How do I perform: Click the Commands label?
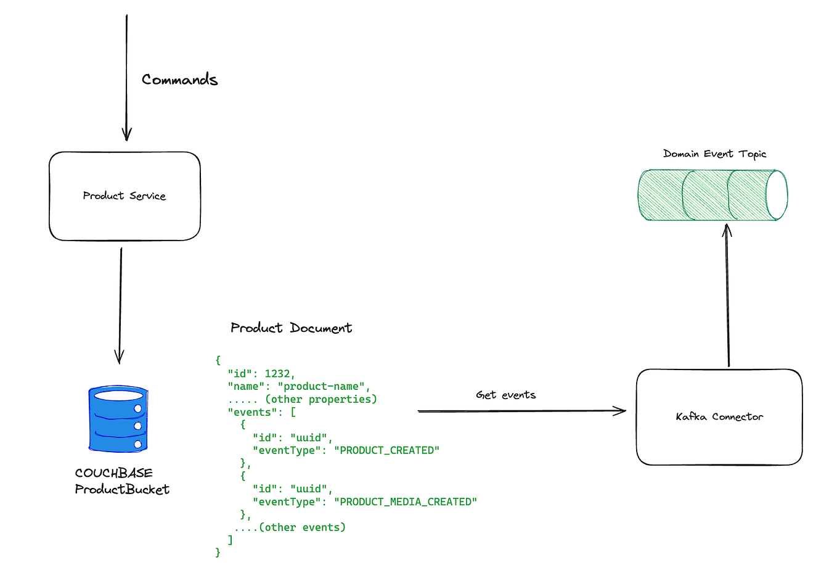click(179, 80)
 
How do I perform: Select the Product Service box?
click(125, 196)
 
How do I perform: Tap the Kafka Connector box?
click(719, 417)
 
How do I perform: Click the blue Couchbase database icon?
click(118, 419)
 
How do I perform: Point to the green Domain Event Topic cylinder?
click(712, 195)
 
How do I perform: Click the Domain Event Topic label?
click(714, 154)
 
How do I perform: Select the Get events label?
click(505, 395)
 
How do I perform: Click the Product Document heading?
click(291, 328)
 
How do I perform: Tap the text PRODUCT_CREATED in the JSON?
click(386, 450)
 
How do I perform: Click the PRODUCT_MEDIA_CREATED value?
click(406, 502)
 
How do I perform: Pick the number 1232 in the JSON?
click(277, 373)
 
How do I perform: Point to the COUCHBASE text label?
click(113, 473)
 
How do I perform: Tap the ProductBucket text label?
click(122, 489)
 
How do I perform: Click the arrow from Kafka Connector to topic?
click(728, 296)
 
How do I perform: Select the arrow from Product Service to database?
click(120, 305)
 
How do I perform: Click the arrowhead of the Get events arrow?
click(621, 411)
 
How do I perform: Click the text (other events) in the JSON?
click(302, 527)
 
